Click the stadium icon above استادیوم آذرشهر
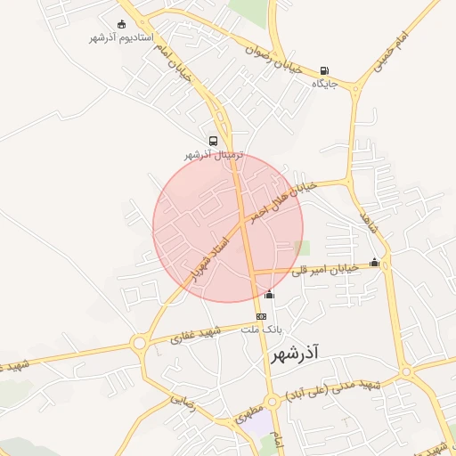pos(122,24)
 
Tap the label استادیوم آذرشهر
pos(122,38)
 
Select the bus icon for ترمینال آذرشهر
pos(213,141)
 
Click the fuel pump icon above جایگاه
pos(323,71)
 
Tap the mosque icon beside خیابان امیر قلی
pos(374,263)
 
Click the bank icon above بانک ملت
pos(261,316)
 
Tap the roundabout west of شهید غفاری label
pos(139,343)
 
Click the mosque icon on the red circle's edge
pos(270,294)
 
